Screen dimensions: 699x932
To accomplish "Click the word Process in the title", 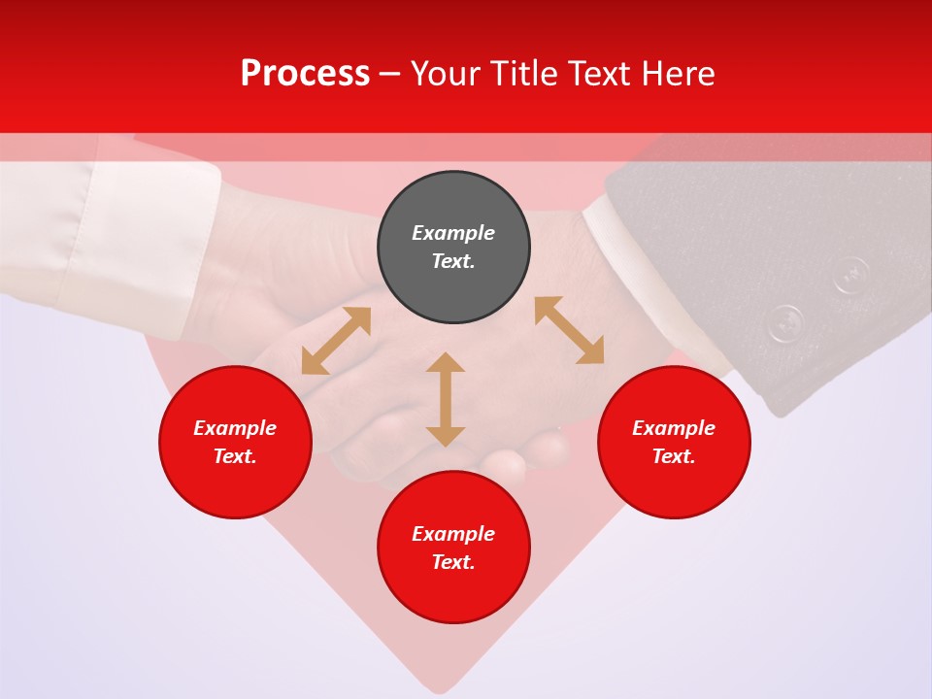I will [305, 74].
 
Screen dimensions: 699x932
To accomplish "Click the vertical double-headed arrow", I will [446, 399].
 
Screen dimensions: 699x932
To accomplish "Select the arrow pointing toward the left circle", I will [336, 341].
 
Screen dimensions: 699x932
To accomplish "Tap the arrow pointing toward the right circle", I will [569, 330].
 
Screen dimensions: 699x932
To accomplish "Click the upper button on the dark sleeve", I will [850, 274].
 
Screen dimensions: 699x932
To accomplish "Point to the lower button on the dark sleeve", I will [785, 322].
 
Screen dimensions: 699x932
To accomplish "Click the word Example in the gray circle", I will [453, 233].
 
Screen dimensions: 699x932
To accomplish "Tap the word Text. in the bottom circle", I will [453, 562].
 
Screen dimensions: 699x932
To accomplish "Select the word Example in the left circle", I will [235, 428].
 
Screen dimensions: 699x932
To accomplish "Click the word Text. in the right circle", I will [674, 456].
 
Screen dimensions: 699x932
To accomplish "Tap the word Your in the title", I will [446, 74].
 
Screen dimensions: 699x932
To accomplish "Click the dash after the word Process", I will [389, 75].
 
